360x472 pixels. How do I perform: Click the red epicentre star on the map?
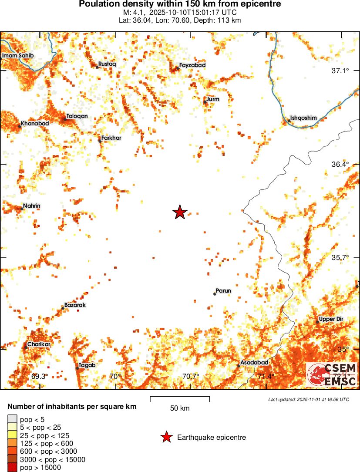[x=180, y=212]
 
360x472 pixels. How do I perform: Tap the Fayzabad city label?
[x=192, y=65]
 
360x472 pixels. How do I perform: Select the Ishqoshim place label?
[x=303, y=118]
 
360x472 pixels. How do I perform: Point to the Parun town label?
[x=223, y=291]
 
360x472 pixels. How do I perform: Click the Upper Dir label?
[x=331, y=319]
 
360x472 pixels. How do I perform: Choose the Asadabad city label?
[x=254, y=362]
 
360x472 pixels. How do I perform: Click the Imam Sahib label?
[x=18, y=56]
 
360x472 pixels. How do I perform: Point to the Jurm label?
[x=213, y=99]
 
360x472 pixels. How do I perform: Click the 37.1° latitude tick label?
[x=341, y=71]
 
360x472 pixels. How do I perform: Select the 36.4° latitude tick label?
[x=341, y=164]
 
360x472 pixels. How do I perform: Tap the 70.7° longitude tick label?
[x=191, y=376]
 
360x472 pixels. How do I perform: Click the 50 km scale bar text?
[x=180, y=408]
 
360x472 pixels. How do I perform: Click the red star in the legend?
[x=166, y=438]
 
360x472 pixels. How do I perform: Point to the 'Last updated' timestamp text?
[x=309, y=399]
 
